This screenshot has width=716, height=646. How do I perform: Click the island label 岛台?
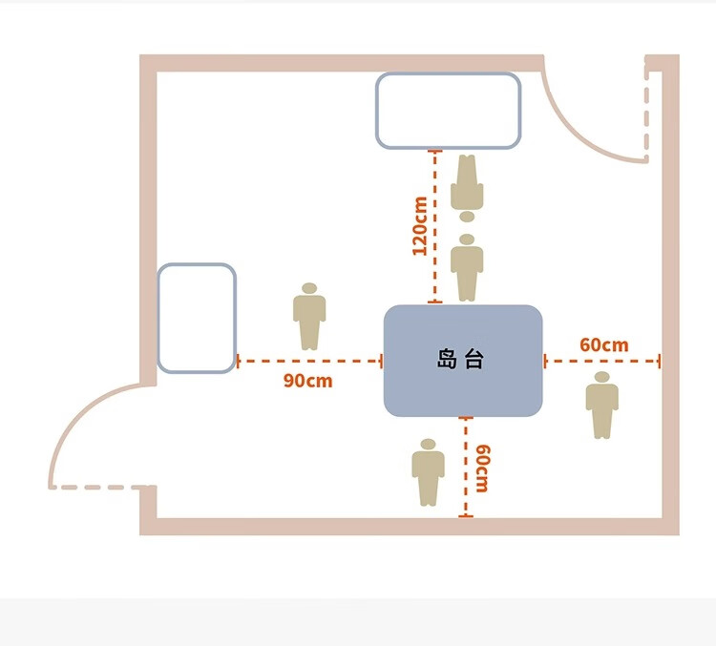click(461, 360)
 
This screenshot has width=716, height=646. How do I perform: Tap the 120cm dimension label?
click(419, 226)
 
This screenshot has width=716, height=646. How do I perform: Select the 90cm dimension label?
click(307, 381)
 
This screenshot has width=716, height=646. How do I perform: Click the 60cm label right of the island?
click(603, 344)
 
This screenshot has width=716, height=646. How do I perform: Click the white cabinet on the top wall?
click(448, 110)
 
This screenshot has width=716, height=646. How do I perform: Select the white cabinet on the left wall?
click(196, 318)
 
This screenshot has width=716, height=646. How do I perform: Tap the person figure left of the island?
click(308, 317)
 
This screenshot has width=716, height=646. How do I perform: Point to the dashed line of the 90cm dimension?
click(307, 362)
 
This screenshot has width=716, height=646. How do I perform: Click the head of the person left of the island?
click(308, 288)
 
